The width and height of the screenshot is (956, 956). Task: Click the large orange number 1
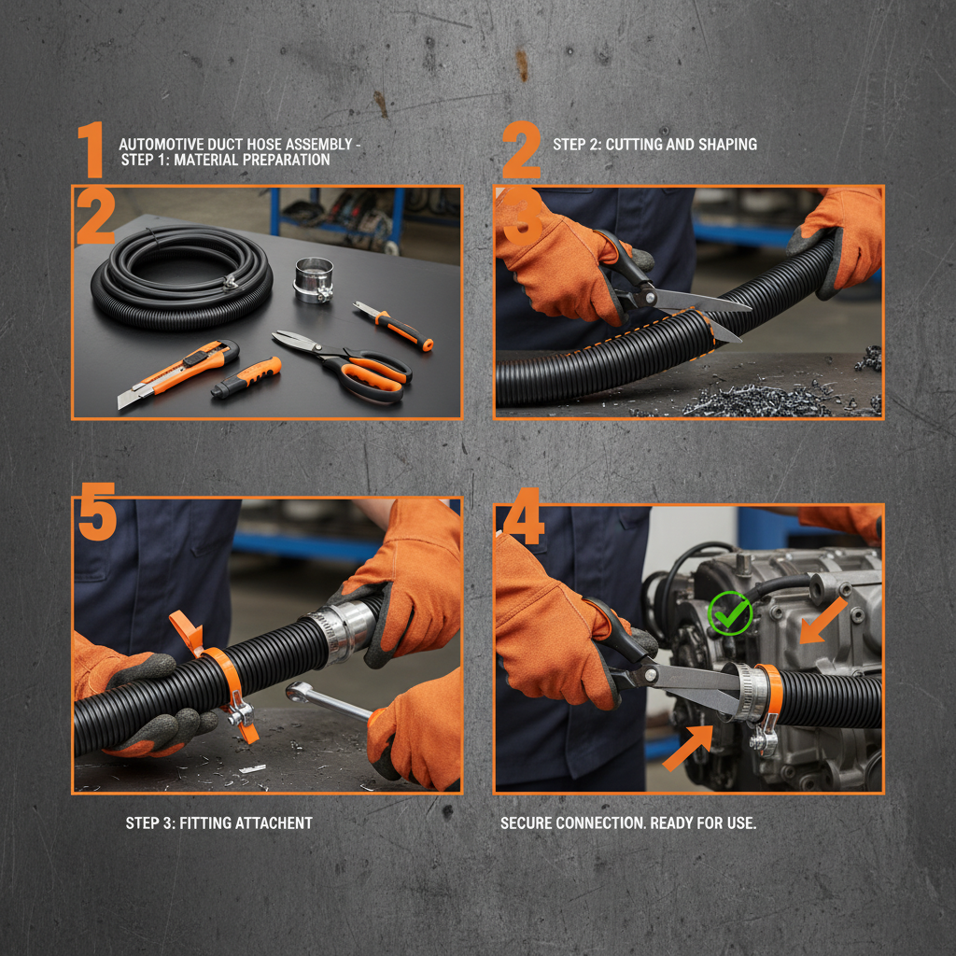pyautogui.click(x=91, y=149)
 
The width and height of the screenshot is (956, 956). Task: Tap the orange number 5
pyautogui.click(x=97, y=512)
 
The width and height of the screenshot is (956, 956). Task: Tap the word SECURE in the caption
pyautogui.click(x=527, y=822)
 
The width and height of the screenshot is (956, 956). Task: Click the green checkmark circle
pyautogui.click(x=730, y=614)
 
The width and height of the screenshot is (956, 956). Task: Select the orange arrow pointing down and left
pyautogui.click(x=822, y=621)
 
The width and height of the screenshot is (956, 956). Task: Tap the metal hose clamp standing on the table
pyautogui.click(x=314, y=278)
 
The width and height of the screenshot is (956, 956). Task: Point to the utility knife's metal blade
pyautogui.click(x=129, y=397)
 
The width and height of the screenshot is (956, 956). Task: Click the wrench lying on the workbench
pyautogui.click(x=327, y=701)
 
